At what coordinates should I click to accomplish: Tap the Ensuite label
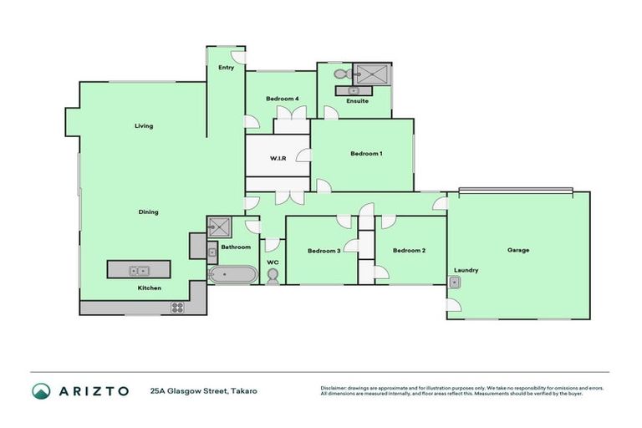(x=357, y=101)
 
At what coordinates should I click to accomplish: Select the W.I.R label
(x=278, y=158)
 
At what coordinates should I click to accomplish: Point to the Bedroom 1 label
(x=366, y=153)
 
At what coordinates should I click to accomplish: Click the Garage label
(x=518, y=250)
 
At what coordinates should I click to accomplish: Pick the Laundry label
(x=466, y=270)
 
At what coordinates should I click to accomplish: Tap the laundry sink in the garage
(x=454, y=283)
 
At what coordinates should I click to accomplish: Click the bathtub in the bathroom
(x=232, y=273)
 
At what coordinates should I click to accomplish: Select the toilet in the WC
(x=273, y=276)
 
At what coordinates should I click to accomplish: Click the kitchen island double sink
(x=139, y=270)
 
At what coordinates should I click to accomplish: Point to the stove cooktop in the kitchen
(x=177, y=307)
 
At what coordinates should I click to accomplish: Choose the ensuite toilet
(x=340, y=74)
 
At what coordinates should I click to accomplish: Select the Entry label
(x=227, y=67)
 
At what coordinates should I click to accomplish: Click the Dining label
(x=148, y=211)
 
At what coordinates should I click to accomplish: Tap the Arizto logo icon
(x=40, y=390)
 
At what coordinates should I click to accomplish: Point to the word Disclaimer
(x=335, y=388)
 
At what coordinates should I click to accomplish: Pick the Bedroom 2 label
(x=409, y=250)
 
